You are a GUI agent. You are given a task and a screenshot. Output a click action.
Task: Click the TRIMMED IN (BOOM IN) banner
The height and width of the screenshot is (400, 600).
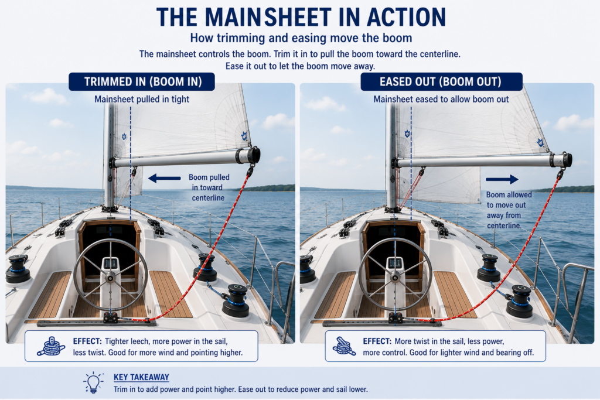click(x=142, y=81)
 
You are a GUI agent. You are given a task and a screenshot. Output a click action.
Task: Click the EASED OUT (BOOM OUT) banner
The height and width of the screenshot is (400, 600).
click(x=441, y=81)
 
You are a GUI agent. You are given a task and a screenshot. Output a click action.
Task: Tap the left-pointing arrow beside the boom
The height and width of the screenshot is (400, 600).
click(x=164, y=178)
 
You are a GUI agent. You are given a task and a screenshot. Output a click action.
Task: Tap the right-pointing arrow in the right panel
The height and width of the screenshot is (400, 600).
click(x=502, y=179)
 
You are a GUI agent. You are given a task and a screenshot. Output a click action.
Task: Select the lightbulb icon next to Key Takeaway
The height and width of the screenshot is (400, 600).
click(x=93, y=382)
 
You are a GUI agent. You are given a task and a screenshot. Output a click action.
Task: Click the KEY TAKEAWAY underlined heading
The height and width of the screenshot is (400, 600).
click(x=141, y=377)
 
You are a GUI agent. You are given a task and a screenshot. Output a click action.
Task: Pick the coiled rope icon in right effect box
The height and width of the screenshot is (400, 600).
click(x=344, y=346)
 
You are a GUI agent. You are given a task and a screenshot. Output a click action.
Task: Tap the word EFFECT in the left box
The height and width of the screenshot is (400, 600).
click(x=88, y=341)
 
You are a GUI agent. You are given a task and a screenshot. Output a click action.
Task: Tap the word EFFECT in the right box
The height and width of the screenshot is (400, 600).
click(x=377, y=341)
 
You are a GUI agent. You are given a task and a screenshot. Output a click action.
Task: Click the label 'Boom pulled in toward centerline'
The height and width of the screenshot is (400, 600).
click(x=209, y=187)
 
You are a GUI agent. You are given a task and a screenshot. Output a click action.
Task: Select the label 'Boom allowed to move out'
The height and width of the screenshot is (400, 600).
click(x=509, y=200)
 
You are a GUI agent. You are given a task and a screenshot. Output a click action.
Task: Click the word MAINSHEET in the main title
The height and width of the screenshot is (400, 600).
click(x=268, y=17)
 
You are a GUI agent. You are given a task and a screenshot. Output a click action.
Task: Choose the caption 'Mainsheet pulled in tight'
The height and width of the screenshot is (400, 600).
click(x=142, y=100)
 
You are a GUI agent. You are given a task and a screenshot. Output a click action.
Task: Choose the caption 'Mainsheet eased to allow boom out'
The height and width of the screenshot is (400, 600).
click(x=441, y=100)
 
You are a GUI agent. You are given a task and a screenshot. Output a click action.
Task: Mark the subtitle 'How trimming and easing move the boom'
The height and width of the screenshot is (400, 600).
click(x=301, y=38)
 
